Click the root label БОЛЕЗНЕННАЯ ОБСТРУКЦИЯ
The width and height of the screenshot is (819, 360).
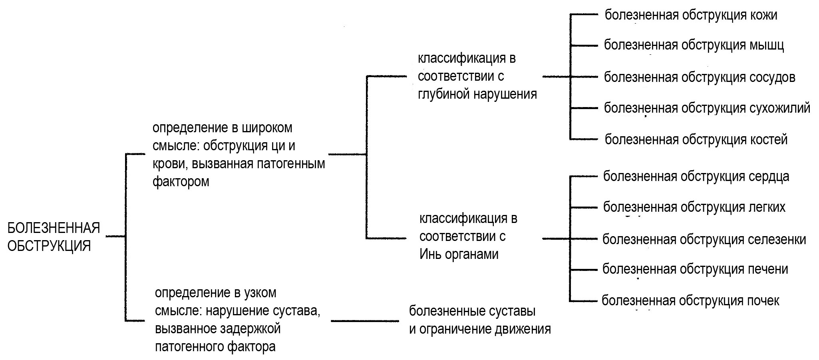pos(53,237)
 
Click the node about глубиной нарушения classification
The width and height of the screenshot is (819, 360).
pos(477,76)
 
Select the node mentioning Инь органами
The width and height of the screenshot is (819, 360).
pos(468,237)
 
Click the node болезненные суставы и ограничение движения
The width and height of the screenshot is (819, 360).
pos(479,320)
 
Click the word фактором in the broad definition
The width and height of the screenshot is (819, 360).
pos(181,182)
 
